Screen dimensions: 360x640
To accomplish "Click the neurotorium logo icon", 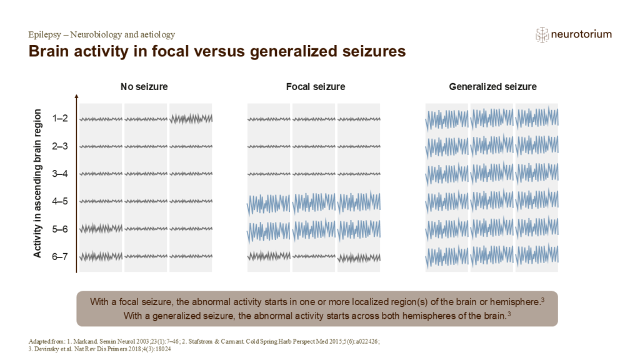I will coord(542,35).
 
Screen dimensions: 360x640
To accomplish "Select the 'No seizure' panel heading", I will coord(144,87).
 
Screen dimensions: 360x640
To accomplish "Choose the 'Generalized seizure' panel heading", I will coord(492,87).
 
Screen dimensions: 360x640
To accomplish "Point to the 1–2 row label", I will coord(61,118).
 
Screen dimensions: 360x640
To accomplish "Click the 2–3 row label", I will coord(61,146).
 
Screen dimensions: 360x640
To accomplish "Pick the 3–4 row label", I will coord(61,174).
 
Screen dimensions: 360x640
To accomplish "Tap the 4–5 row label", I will coord(61,201).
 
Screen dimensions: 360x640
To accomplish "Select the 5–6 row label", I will coord(61,229).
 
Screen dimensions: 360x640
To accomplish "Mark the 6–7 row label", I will coord(61,256).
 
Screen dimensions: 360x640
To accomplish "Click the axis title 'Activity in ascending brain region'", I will coord(38,183).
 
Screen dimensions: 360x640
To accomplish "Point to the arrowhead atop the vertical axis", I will coord(76,97).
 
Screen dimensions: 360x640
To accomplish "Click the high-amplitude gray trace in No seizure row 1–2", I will coord(191,118).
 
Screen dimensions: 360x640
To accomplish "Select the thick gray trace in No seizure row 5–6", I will coord(101,229).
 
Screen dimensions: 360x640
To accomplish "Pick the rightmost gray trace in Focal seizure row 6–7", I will coord(359,256).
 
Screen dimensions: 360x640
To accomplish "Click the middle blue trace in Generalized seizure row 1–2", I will coord(492,117).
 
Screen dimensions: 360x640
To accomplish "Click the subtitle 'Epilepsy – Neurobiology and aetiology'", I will coord(102,35).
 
